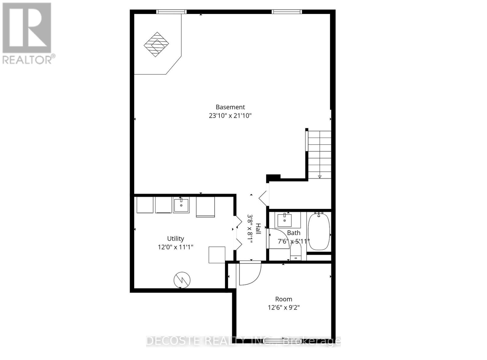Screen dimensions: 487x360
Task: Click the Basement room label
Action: click(230, 107)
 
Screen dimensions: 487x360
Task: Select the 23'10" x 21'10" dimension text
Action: click(230, 116)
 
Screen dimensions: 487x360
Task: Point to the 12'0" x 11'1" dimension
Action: click(175, 247)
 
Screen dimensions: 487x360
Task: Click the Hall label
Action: click(258, 229)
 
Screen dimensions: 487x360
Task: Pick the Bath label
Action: click(293, 233)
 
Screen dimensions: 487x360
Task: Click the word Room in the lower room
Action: click(284, 299)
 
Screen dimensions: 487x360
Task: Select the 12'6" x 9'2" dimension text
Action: click(284, 308)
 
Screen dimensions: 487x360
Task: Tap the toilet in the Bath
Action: click(296, 252)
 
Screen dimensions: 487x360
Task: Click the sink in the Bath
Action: click(285, 220)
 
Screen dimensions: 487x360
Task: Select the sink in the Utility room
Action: click(181, 205)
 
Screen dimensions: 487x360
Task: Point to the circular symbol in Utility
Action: click(182, 280)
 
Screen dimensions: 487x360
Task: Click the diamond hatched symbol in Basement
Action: click(156, 44)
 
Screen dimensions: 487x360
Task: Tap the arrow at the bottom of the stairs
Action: click(320, 177)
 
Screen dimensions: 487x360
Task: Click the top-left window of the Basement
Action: click(171, 12)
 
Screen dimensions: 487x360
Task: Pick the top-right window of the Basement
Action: click(286, 12)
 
